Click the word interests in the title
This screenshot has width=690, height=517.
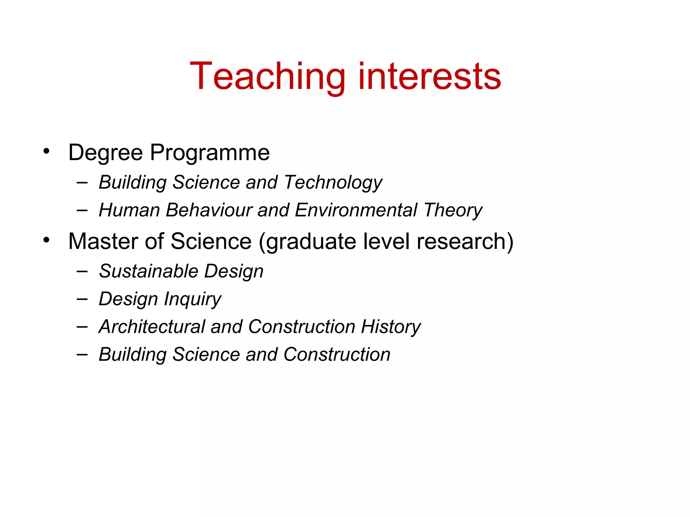pyautogui.click(x=430, y=77)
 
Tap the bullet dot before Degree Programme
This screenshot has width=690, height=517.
pyautogui.click(x=46, y=151)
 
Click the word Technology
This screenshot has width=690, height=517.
pyautogui.click(x=333, y=182)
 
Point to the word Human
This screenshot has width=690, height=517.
pyautogui.click(x=129, y=210)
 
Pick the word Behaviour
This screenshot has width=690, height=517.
pyautogui.click(x=209, y=210)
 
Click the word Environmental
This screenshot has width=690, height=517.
pyautogui.click(x=356, y=210)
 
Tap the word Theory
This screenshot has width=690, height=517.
pyautogui.click(x=453, y=211)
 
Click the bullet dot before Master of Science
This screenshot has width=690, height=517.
pyautogui.click(x=46, y=240)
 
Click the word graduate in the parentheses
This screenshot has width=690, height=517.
pyautogui.click(x=307, y=242)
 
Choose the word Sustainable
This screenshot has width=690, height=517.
pyautogui.click(x=149, y=271)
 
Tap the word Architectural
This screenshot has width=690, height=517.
pyautogui.click(x=152, y=326)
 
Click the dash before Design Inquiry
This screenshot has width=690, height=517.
pyautogui.click(x=82, y=299)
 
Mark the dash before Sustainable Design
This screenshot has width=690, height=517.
pyautogui.click(x=82, y=271)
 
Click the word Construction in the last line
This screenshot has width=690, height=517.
pyautogui.click(x=337, y=354)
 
